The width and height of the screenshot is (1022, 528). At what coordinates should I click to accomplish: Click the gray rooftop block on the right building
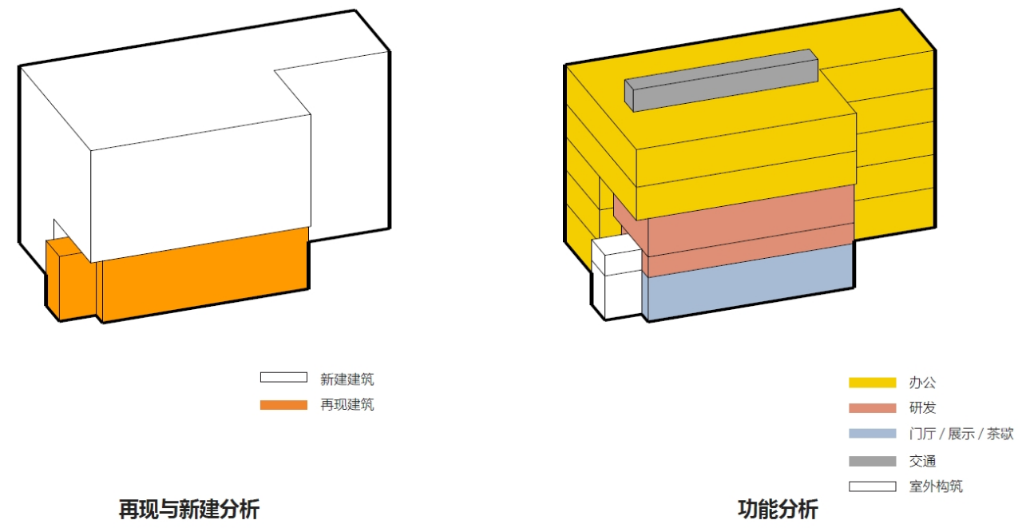(x=721, y=81)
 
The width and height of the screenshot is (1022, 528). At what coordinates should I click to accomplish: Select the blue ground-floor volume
(x=748, y=282)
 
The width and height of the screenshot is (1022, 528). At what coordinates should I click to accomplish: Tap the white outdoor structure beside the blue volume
(x=616, y=278)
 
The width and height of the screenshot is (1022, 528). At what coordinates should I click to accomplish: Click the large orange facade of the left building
(x=205, y=275)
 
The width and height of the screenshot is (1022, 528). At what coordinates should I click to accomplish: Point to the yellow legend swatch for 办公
(x=873, y=383)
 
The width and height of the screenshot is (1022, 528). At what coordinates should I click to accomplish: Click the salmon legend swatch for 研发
(x=873, y=407)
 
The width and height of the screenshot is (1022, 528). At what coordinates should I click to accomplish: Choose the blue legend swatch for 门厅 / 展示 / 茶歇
(x=873, y=433)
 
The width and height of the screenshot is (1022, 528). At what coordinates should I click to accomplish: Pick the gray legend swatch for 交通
(x=873, y=461)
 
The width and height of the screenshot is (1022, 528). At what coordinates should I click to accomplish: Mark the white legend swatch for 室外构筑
(x=873, y=486)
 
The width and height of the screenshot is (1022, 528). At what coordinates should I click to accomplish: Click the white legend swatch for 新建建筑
(x=283, y=377)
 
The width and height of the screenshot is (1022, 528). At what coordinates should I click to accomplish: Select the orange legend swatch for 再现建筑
(x=283, y=405)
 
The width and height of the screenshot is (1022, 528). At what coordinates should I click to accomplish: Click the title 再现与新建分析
(x=189, y=510)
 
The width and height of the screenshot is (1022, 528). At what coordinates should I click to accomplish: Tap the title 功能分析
(x=778, y=510)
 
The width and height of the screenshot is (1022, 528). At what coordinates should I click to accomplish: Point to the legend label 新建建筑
(x=347, y=379)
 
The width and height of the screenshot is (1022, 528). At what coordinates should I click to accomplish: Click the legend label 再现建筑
(x=347, y=405)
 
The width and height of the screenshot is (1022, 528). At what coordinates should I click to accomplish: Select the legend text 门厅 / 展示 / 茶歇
(x=961, y=434)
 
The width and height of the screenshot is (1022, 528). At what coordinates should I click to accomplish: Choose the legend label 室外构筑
(x=936, y=486)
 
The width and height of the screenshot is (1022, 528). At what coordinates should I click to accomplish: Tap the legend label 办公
(x=922, y=383)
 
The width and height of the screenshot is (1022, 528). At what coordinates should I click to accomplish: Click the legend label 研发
(x=922, y=407)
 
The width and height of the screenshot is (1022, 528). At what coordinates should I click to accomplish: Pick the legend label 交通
(x=922, y=462)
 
